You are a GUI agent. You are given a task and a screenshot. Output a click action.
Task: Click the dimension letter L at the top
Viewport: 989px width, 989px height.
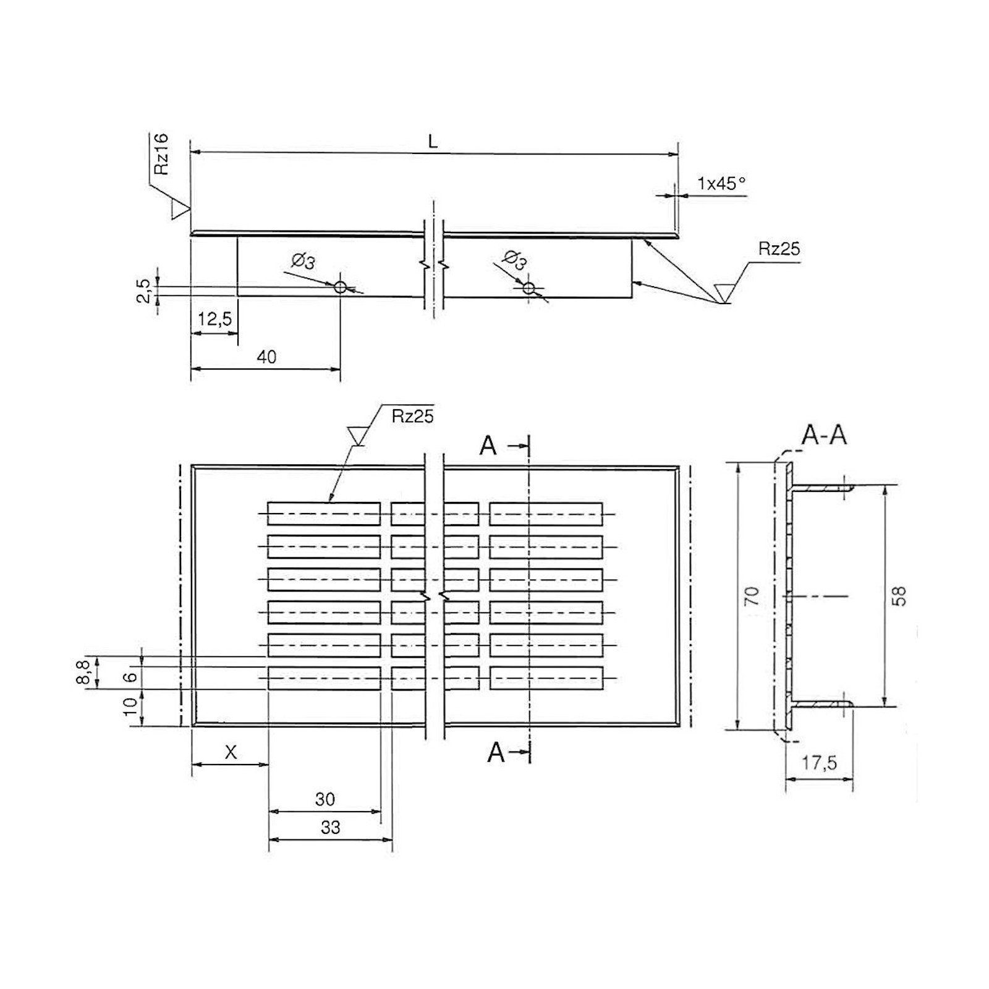pyautogui.click(x=433, y=142)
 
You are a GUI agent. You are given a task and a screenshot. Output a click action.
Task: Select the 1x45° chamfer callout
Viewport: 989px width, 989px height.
pyautogui.click(x=721, y=184)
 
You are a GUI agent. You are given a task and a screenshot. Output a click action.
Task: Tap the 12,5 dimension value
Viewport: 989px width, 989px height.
pyautogui.click(x=214, y=319)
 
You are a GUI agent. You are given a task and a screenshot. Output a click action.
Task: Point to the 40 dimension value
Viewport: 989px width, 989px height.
pyautogui.click(x=266, y=357)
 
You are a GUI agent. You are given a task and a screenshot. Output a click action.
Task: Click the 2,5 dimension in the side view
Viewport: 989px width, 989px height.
pyautogui.click(x=143, y=291)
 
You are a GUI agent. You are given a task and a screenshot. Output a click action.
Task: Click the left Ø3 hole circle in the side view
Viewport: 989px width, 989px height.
pyautogui.click(x=340, y=287)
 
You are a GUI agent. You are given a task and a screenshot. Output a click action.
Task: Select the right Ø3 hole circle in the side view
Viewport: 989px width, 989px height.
pyautogui.click(x=528, y=288)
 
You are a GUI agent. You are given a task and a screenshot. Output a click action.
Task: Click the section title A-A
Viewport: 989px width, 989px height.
pyautogui.click(x=824, y=436)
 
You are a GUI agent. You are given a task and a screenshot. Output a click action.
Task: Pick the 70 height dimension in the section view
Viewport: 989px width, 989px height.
pyautogui.click(x=752, y=596)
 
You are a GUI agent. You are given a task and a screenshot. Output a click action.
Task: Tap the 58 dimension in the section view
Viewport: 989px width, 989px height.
pyautogui.click(x=900, y=596)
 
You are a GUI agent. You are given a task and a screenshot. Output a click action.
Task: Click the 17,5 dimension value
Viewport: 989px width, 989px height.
pyautogui.click(x=819, y=763)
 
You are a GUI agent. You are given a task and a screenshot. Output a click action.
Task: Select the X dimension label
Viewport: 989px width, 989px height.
pyautogui.click(x=230, y=752)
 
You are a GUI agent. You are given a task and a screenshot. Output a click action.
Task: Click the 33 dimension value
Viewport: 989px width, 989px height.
pyautogui.click(x=330, y=827)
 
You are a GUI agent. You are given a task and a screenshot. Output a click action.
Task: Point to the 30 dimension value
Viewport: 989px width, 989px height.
pyautogui.click(x=325, y=799)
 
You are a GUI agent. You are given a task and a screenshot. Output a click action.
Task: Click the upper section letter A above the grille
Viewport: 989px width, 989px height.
pyautogui.click(x=488, y=446)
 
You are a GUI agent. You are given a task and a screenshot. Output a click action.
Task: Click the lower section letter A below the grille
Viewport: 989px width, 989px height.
pyautogui.click(x=496, y=752)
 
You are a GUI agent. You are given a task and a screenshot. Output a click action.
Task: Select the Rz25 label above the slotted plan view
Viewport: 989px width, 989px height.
pyautogui.click(x=412, y=416)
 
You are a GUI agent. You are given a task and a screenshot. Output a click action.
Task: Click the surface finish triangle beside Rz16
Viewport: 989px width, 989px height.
pyautogui.click(x=179, y=209)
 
